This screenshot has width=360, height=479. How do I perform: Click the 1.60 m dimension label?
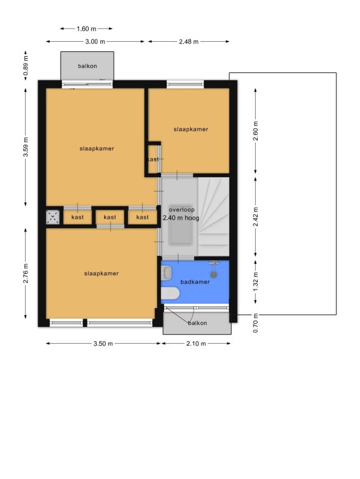pyautogui.click(x=87, y=29)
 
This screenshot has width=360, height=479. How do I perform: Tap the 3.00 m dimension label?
pyautogui.click(x=95, y=42)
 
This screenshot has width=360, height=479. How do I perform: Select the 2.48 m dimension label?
pyautogui.click(x=188, y=42)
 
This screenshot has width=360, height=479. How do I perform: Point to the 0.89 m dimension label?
pyautogui.click(x=26, y=66)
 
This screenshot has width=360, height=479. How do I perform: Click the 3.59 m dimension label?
pyautogui.click(x=26, y=147)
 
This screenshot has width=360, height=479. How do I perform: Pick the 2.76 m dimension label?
pyautogui.click(x=26, y=273)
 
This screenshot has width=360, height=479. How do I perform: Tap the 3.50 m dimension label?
pyautogui.click(x=103, y=344)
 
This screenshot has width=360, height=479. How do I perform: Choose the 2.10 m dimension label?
pyautogui.click(x=196, y=344)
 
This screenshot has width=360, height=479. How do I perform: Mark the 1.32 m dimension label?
pyautogui.click(x=256, y=281)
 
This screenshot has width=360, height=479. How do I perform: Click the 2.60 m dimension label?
pyautogui.click(x=256, y=131)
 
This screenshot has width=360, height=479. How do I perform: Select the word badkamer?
pyautogui.click(x=195, y=282)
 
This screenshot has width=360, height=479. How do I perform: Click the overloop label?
pyautogui.click(x=182, y=210)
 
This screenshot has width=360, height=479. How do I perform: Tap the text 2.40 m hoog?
pyautogui.click(x=181, y=218)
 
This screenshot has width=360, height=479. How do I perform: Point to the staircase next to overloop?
pyautogui.click(x=213, y=216)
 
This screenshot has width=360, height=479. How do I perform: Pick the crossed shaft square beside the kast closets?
pyautogui.click(x=52, y=218)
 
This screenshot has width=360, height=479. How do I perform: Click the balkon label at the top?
pyautogui.click(x=87, y=66)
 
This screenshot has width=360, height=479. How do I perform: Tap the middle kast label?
pyautogui.click(x=110, y=217)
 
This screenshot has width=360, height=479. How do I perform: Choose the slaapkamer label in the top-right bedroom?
pyautogui.click(x=191, y=129)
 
